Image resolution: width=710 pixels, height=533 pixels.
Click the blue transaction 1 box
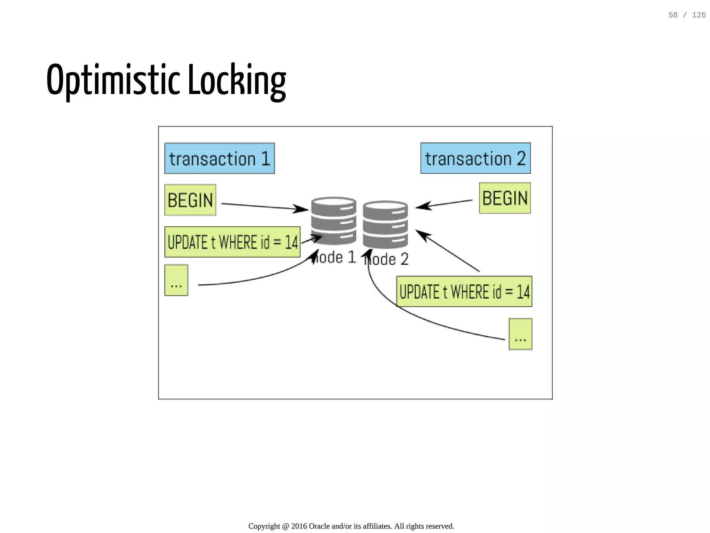click(219, 158)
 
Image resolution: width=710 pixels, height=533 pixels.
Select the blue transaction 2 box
click(475, 158)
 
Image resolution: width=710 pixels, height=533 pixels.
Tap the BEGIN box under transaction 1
click(190, 200)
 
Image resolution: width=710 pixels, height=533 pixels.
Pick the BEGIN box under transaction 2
click(505, 198)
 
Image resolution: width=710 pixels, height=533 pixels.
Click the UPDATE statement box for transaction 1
click(232, 242)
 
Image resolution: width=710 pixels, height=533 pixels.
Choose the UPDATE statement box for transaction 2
click(464, 292)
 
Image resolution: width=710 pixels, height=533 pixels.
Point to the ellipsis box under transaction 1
click(176, 280)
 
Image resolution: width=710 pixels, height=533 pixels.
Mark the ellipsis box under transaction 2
click(520, 334)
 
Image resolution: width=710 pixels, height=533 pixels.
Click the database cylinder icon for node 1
click(334, 221)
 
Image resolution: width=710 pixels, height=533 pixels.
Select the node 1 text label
click(335, 258)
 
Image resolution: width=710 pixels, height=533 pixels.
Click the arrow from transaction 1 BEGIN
click(263, 207)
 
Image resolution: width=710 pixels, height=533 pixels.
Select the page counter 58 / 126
click(687, 15)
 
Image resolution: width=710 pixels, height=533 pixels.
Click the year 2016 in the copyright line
click(299, 526)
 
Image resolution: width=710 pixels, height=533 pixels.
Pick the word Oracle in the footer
click(319, 526)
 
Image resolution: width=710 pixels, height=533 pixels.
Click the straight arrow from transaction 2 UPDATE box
click(447, 250)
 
